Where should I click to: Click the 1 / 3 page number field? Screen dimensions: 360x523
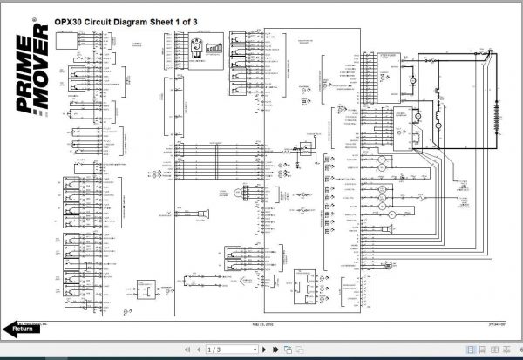(213, 350)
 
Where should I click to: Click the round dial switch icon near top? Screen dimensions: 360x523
(197, 44)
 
